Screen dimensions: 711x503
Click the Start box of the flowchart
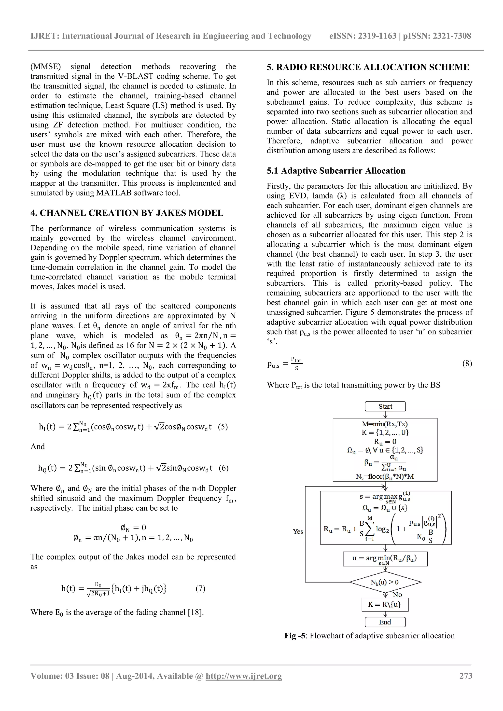(x=385, y=406)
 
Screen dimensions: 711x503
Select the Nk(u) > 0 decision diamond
(x=385, y=582)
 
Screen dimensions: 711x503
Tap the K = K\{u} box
(x=385, y=604)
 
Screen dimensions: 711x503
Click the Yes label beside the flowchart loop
(x=298, y=531)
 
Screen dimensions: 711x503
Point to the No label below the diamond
(x=397, y=595)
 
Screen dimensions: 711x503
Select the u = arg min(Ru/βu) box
(x=385, y=559)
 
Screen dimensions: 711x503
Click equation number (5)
(x=223, y=427)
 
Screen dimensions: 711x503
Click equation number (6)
(x=223, y=468)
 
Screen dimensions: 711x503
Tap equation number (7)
(x=200, y=588)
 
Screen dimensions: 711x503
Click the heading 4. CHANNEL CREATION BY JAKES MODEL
(x=127, y=213)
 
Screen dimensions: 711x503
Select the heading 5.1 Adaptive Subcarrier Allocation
(x=336, y=171)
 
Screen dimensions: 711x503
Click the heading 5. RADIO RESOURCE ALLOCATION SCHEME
(x=368, y=67)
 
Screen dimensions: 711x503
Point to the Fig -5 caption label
(x=295, y=636)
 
